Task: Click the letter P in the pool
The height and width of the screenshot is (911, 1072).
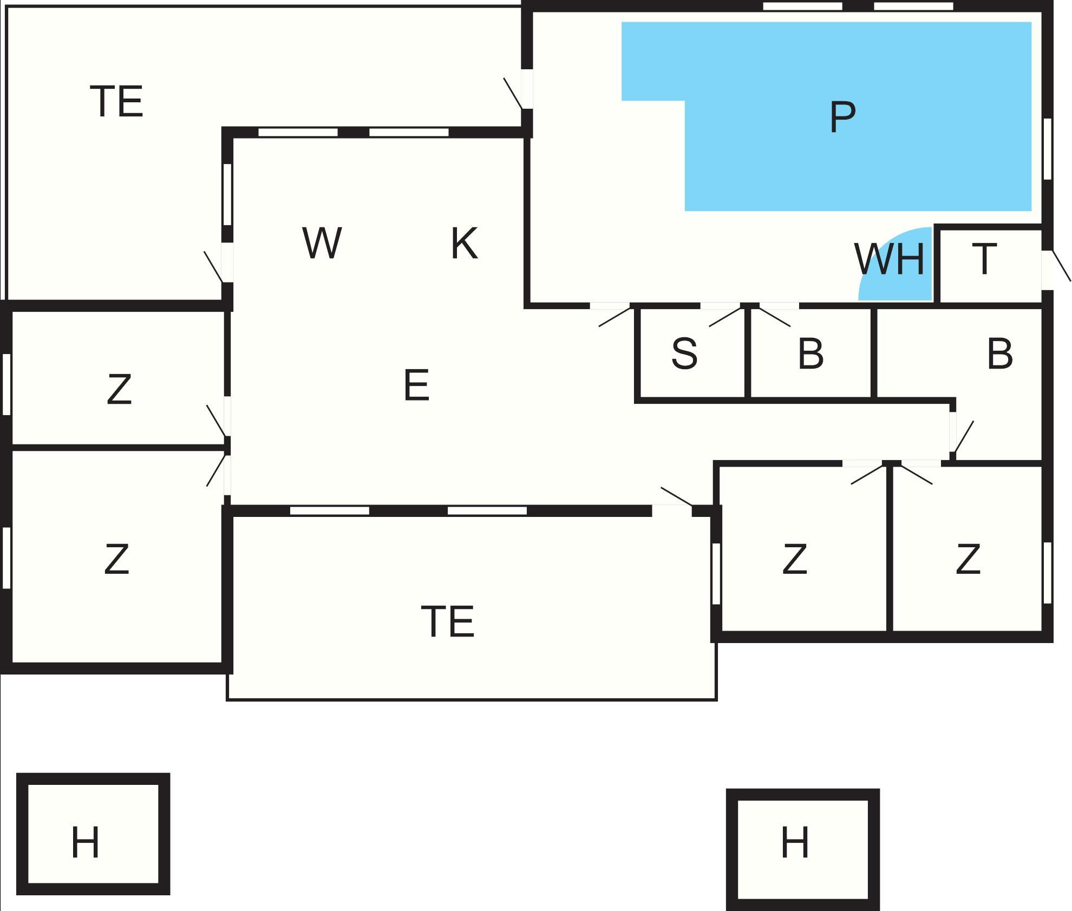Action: point(842,117)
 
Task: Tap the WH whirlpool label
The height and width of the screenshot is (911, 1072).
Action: point(890,260)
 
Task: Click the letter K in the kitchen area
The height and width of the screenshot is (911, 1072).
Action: point(465,244)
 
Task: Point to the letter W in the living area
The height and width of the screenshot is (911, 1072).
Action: point(322,243)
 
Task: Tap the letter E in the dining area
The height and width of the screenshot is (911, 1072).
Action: point(416,385)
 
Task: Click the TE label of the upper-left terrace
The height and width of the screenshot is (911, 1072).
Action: point(117,101)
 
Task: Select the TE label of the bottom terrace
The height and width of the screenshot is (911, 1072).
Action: point(448,622)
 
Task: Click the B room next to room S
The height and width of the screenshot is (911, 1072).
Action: point(810,355)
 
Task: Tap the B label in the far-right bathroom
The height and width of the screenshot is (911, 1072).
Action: point(999,355)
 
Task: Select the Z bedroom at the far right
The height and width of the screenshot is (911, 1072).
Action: point(968,560)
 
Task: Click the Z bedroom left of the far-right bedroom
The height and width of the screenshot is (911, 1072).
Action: point(794,560)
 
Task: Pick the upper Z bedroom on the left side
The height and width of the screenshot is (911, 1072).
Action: point(119,390)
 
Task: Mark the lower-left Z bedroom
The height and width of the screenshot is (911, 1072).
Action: point(116,560)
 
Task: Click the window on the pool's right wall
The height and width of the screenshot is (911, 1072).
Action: point(1048,148)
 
